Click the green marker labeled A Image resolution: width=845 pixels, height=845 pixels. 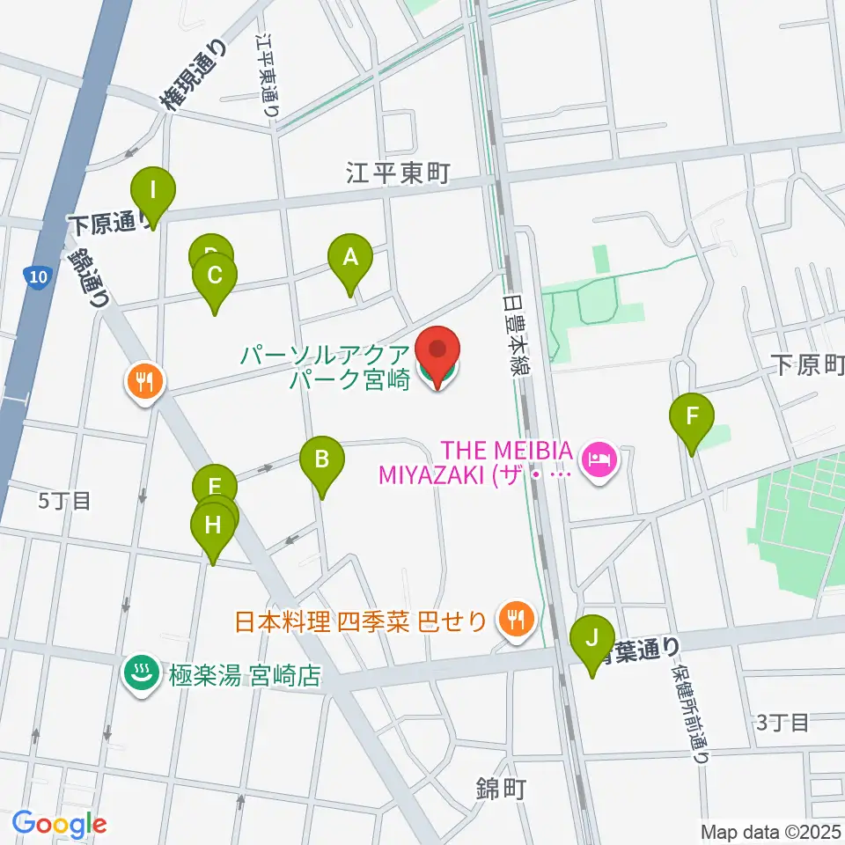tap(350, 258)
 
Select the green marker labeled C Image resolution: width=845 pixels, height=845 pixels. tap(214, 276)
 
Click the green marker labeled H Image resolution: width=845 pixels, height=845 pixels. tap(212, 526)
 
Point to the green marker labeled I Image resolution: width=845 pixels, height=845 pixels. tap(153, 190)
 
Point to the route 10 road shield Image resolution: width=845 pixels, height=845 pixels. tap(34, 278)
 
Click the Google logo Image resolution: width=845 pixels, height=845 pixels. tap(59, 823)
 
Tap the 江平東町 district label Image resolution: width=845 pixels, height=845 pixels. tap(397, 173)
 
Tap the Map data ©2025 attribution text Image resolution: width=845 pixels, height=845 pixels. tap(770, 831)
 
